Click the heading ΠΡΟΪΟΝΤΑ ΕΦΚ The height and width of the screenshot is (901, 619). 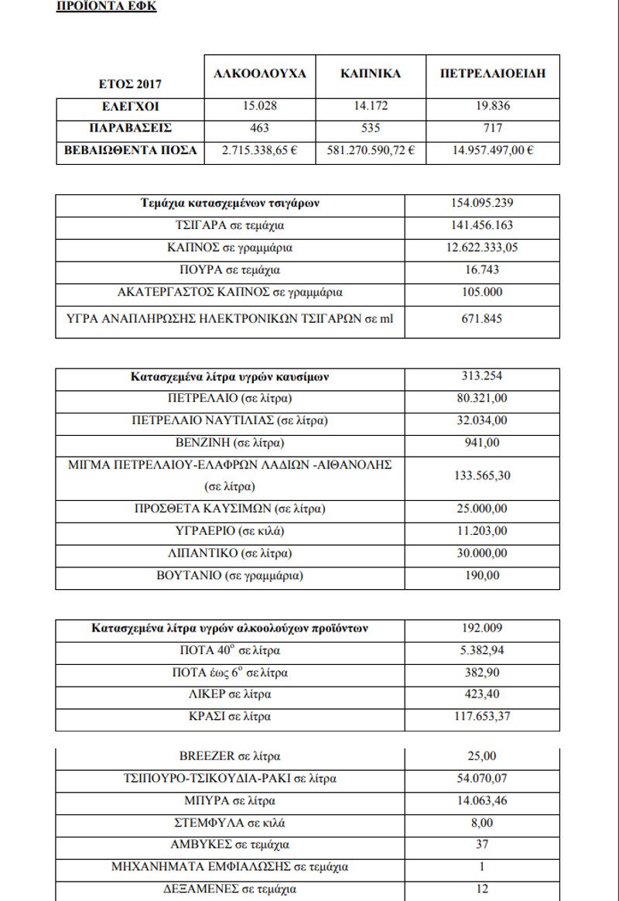(107, 7)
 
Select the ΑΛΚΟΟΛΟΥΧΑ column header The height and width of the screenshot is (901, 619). (260, 74)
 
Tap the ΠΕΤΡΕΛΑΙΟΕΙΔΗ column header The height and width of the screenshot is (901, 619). (492, 74)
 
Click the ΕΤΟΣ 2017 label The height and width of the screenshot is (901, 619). (130, 84)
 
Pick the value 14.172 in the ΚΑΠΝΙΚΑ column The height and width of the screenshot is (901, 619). (371, 107)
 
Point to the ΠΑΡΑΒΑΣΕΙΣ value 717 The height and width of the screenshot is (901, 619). (492, 128)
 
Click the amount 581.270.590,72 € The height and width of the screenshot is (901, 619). (371, 149)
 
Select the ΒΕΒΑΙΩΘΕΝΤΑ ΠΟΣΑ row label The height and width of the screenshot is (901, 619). (130, 149)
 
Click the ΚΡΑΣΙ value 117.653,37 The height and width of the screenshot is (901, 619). (482, 716)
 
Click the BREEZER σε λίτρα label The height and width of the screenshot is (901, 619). (230, 756)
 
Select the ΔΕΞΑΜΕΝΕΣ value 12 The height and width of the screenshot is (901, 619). (482, 889)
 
